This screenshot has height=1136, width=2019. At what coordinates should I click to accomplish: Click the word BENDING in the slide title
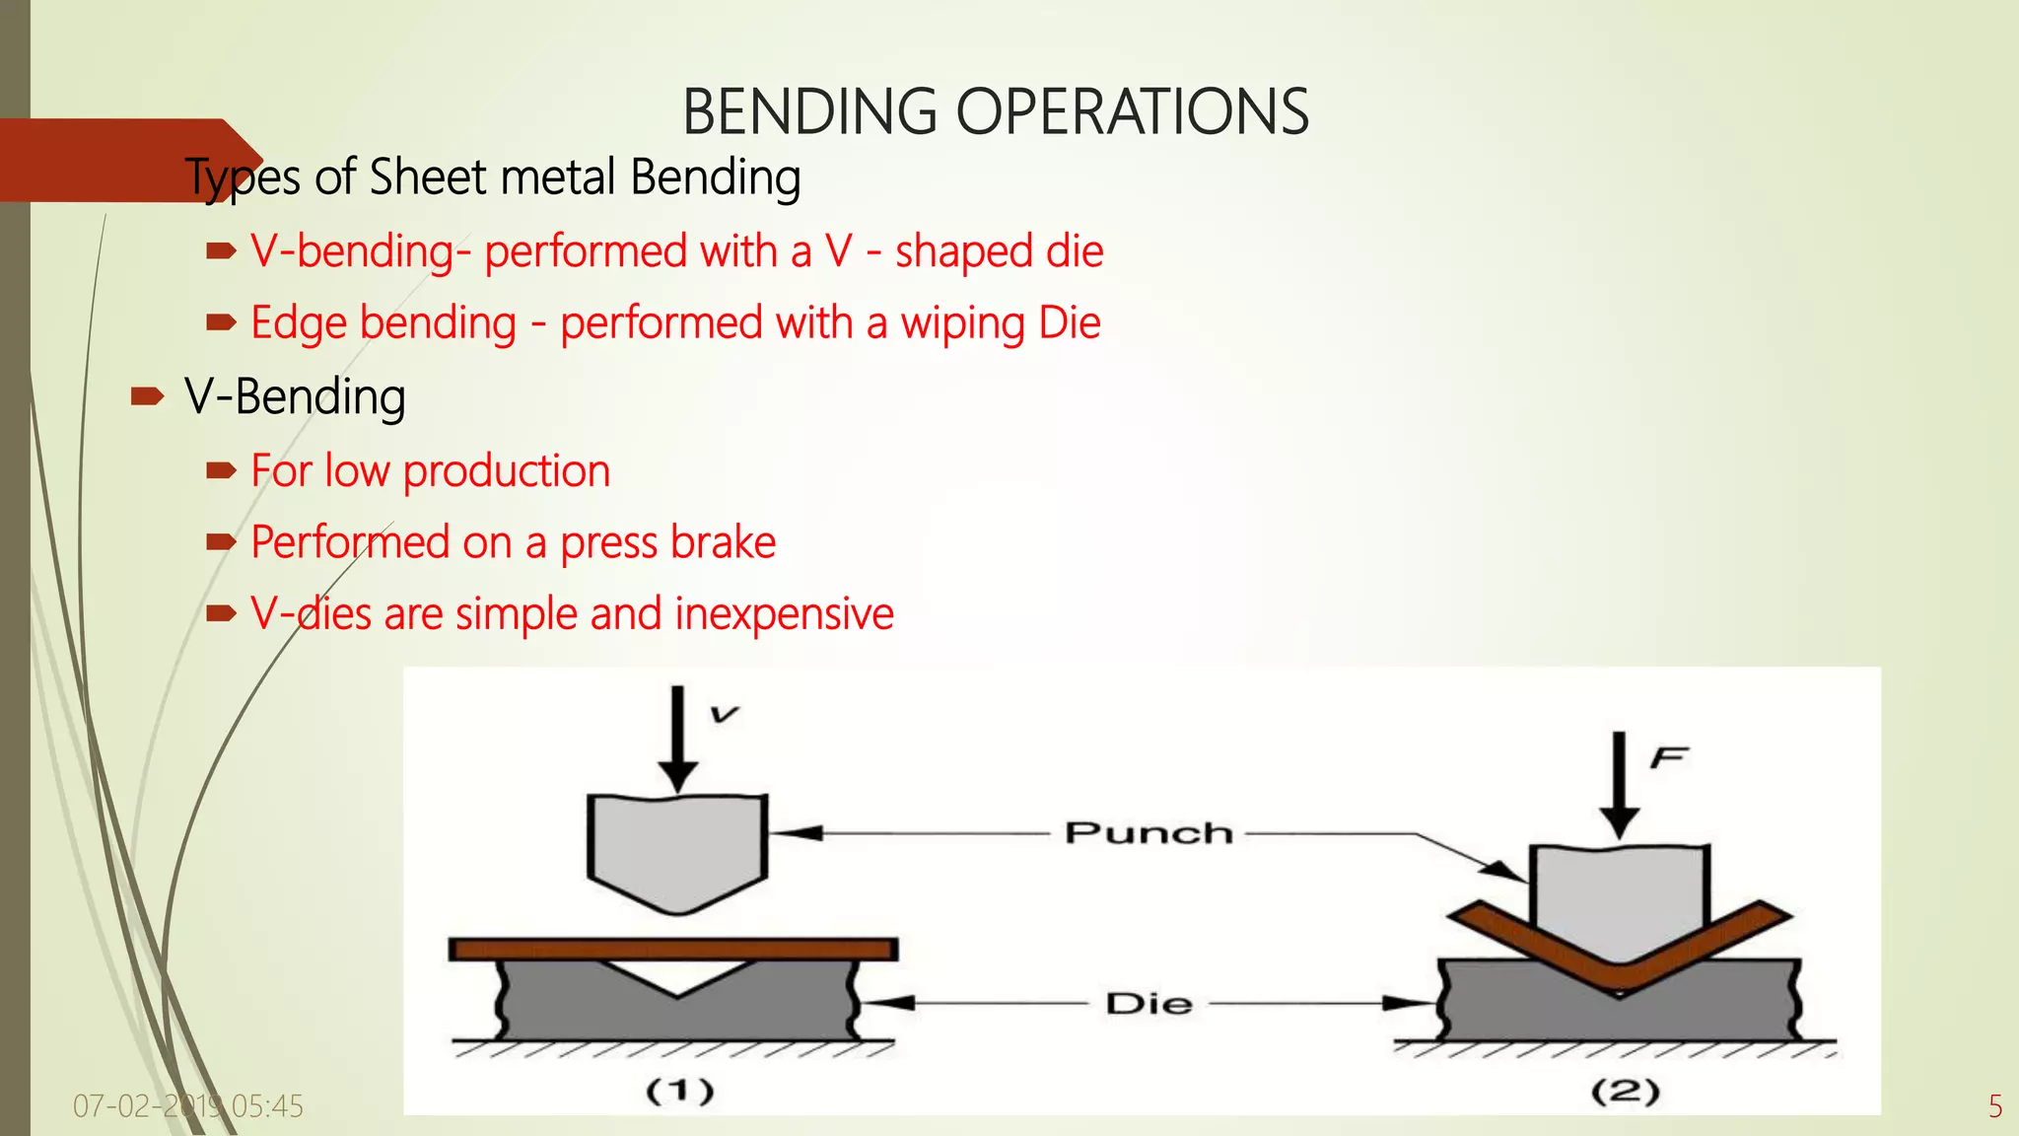coord(809,111)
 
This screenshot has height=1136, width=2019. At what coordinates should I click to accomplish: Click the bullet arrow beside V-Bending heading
coord(147,397)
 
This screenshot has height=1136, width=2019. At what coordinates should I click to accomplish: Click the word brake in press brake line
coord(723,542)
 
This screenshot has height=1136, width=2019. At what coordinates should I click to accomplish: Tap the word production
coord(507,471)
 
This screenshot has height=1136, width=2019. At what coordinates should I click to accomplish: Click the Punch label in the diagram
coord(1149,833)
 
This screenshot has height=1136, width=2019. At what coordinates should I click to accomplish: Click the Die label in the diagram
coord(1149,1004)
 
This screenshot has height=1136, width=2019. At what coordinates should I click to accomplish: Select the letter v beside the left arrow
coord(725,714)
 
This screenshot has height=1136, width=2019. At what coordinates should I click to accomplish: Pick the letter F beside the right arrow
coord(1669,757)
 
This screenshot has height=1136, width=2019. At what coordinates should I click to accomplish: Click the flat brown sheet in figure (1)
coord(673,949)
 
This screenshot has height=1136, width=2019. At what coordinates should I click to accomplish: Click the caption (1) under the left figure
coord(679,1091)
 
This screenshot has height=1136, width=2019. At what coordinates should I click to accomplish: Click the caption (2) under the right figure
coord(1625,1091)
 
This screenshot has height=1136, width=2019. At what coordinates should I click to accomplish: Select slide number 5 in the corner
coord(1994,1106)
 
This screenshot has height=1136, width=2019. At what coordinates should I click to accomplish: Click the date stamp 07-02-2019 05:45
coord(187,1106)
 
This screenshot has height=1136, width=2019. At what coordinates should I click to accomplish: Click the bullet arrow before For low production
coord(221,471)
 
